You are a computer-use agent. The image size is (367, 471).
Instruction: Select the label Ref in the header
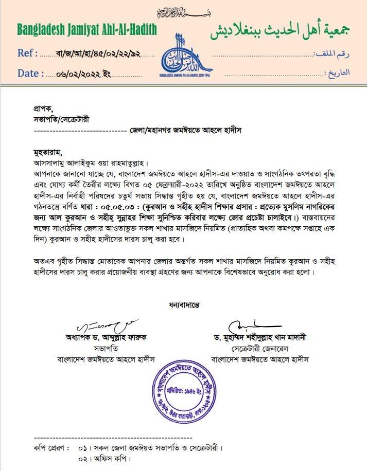27,53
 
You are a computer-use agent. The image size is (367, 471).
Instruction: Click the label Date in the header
30,73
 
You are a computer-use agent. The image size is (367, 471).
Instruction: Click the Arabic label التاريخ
339,73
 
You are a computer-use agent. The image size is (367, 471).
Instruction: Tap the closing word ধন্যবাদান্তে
184,304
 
